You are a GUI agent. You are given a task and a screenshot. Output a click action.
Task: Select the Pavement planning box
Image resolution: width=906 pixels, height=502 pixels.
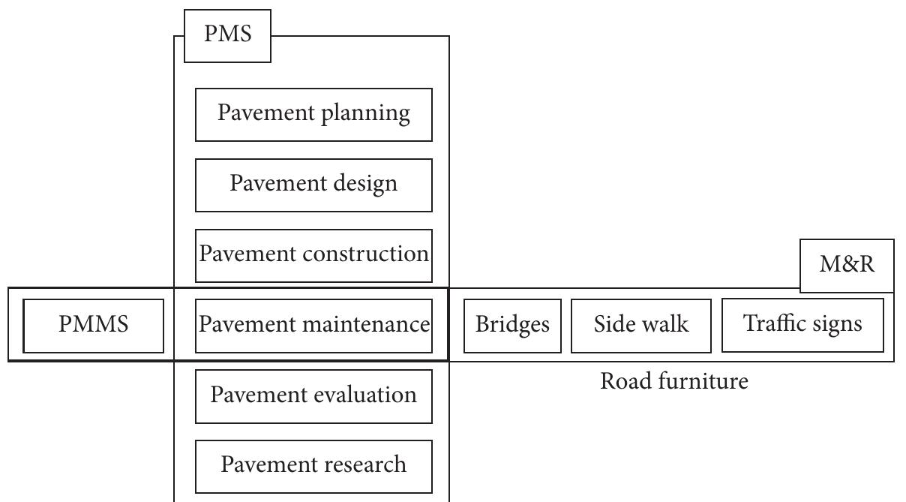tap(313, 114)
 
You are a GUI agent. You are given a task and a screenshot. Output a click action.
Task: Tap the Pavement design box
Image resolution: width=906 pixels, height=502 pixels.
tap(313, 185)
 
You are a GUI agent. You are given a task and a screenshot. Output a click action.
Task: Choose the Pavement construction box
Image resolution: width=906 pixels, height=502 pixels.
tap(313, 255)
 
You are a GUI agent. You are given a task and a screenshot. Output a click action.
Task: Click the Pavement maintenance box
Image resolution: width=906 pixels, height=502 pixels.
tap(313, 326)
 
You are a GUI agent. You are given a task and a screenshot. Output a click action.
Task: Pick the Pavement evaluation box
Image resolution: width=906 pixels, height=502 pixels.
tap(313, 395)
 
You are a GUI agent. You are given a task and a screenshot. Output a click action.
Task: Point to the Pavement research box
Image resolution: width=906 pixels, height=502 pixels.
tap(313, 466)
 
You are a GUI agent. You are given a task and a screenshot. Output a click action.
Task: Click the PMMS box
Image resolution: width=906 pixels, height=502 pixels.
tap(94, 326)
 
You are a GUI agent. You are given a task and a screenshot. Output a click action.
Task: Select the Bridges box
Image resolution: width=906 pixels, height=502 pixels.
tap(512, 326)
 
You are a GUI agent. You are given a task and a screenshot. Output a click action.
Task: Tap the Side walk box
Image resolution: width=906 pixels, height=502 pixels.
tap(641, 326)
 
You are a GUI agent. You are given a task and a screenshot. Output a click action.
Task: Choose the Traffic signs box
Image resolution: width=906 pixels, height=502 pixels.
tap(802, 325)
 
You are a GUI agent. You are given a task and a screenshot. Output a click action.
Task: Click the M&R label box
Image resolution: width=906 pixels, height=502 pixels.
tap(847, 266)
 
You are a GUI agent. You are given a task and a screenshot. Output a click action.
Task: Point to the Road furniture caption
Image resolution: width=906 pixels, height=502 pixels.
tap(674, 382)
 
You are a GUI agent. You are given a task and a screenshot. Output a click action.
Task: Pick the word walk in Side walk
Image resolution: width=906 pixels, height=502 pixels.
tap(665, 324)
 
